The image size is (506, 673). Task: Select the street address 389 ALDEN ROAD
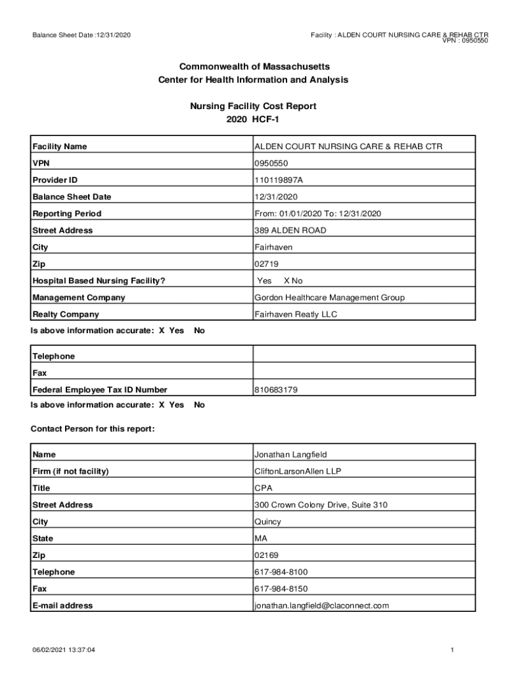(290, 231)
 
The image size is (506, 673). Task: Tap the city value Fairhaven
(273, 248)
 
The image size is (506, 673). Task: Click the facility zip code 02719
(265, 264)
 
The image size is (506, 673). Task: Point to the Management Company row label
(78, 298)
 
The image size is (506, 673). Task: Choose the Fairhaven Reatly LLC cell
(295, 315)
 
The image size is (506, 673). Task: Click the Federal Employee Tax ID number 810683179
(276, 390)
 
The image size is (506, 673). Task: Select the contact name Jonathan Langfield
(290, 455)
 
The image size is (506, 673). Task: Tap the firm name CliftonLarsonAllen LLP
(298, 471)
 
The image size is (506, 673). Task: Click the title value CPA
(264, 488)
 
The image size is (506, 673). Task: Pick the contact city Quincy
(267, 522)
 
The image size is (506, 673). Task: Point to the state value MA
(262, 539)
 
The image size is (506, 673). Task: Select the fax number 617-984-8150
(281, 589)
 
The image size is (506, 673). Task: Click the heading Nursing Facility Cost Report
(253, 106)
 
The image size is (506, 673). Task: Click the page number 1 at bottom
(453, 651)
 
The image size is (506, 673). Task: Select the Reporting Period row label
(66, 214)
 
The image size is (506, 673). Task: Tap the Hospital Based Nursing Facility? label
(99, 281)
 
